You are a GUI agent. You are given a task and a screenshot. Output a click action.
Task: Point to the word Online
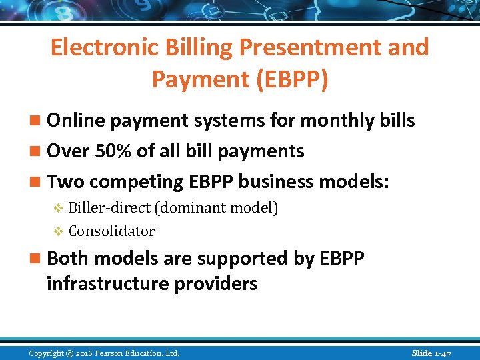[79, 121]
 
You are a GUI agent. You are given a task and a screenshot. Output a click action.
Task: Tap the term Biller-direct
[109, 208]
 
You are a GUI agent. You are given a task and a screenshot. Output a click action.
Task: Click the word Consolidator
[111, 231]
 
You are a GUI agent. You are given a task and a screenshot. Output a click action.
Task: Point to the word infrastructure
[108, 283]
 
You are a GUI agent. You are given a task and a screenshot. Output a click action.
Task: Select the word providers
[216, 283]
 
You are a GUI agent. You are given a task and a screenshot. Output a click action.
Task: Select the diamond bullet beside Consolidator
[57, 232]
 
